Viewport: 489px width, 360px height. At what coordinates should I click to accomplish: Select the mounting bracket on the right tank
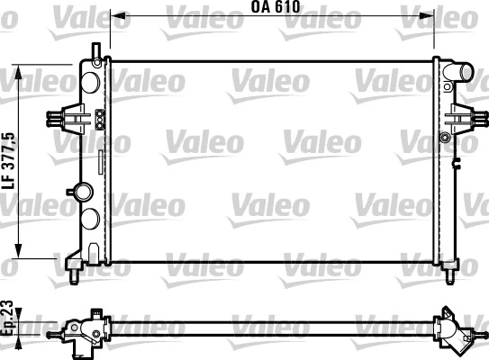tap(460, 117)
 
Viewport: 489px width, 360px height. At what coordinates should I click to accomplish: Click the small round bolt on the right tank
tap(445, 137)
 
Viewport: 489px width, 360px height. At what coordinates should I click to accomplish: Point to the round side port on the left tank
tap(84, 191)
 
